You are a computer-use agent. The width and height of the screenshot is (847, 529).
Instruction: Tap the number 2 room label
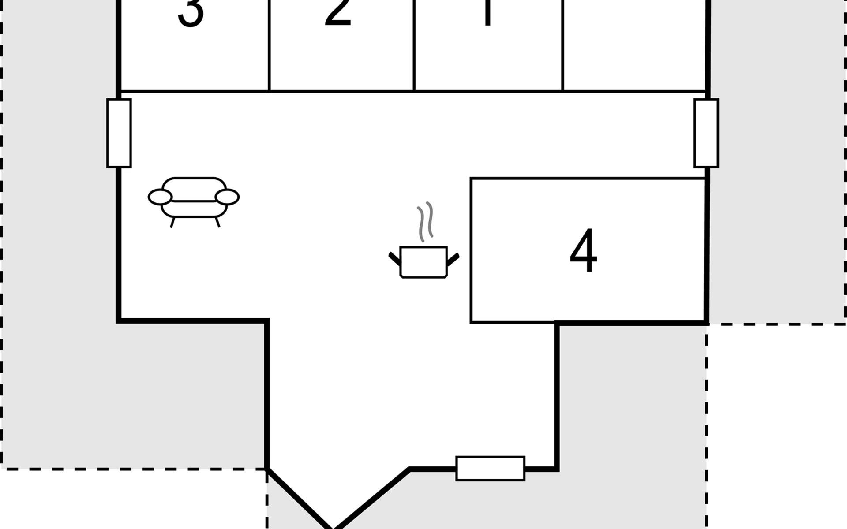click(x=338, y=11)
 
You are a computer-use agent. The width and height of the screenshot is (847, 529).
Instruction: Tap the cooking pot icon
click(x=423, y=262)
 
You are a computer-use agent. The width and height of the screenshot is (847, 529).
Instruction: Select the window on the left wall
click(x=119, y=133)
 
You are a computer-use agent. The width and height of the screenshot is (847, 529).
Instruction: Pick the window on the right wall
click(x=706, y=133)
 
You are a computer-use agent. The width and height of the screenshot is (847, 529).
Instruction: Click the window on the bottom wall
click(x=490, y=468)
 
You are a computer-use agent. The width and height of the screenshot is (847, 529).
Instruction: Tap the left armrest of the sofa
click(x=160, y=197)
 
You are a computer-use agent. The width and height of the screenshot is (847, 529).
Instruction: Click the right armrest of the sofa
click(x=228, y=197)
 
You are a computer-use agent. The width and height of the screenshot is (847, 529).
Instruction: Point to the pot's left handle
click(x=394, y=258)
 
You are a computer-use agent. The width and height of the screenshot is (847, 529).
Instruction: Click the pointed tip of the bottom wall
click(x=333, y=526)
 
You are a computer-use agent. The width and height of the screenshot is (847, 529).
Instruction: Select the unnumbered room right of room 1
click(x=634, y=44)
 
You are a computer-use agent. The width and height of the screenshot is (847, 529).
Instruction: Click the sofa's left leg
click(x=172, y=223)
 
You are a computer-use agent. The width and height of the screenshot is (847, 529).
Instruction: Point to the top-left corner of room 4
click(x=471, y=179)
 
